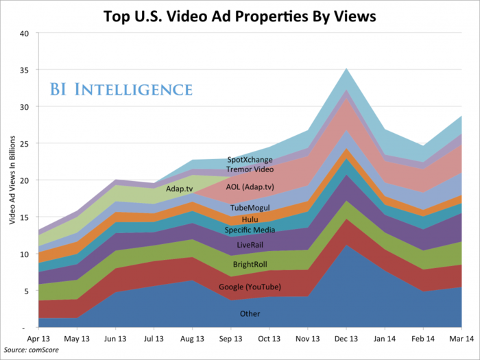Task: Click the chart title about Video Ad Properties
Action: coord(240,16)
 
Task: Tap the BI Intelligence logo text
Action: coord(120,90)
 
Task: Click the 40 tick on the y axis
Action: coord(24,33)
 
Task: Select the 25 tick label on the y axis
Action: coord(24,143)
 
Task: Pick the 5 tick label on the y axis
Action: coord(26,291)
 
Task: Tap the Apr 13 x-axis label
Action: coord(39,337)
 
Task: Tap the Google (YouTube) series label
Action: coord(249,287)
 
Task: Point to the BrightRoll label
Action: coord(250,264)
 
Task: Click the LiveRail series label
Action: coord(250,245)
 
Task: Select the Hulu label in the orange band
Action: coord(250,219)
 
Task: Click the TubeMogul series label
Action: coord(250,207)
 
